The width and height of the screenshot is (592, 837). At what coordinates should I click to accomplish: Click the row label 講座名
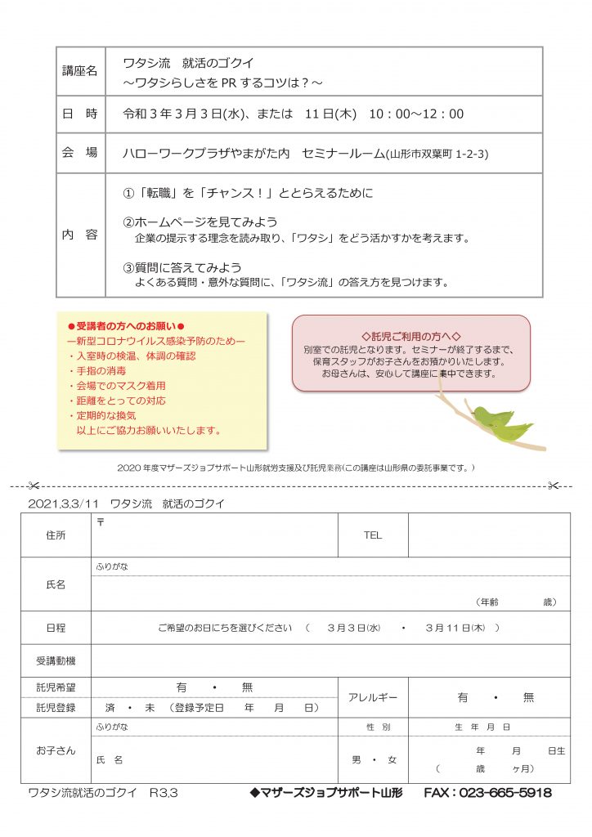(x=79, y=71)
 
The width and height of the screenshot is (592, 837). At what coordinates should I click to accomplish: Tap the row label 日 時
(x=79, y=114)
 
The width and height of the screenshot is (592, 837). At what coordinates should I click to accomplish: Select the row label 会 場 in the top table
(x=79, y=153)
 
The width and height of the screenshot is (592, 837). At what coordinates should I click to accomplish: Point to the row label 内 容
(x=79, y=235)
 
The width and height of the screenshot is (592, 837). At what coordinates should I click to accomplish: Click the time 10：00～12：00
(x=416, y=114)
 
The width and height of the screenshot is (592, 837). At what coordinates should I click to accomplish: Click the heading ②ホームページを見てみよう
(x=200, y=222)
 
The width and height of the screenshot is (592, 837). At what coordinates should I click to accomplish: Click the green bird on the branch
(x=500, y=420)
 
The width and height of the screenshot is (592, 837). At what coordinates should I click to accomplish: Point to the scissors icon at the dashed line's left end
(x=34, y=486)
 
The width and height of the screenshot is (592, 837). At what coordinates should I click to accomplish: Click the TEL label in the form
(x=372, y=535)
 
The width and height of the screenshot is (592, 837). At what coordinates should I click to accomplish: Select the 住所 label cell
(x=56, y=535)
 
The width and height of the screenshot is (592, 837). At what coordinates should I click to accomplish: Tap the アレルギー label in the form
(x=373, y=697)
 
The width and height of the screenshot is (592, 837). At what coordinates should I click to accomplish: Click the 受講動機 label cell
(x=56, y=660)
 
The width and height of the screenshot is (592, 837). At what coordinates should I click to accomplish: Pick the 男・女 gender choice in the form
(x=374, y=760)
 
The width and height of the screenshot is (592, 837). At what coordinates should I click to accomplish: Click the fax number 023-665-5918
(x=487, y=793)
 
